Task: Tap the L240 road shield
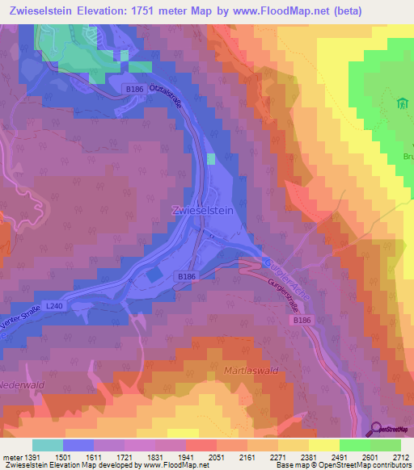pos(54,306)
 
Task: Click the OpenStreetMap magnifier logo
pos(377,430)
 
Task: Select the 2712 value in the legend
pos(400,458)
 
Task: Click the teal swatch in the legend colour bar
pos(48,445)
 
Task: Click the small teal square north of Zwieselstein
pos(212,159)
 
